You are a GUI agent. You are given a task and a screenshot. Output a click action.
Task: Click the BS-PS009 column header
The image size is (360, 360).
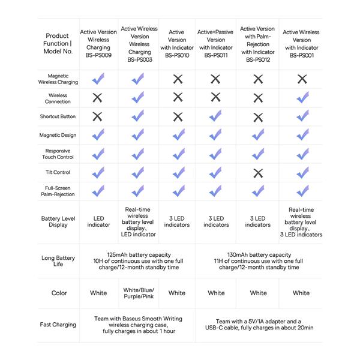(x=98, y=43)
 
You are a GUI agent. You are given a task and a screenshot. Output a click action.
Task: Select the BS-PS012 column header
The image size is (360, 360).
(x=257, y=43)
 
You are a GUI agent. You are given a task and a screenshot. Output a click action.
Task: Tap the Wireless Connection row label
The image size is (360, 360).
(x=58, y=98)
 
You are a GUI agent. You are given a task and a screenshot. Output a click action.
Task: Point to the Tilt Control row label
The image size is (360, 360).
(x=58, y=172)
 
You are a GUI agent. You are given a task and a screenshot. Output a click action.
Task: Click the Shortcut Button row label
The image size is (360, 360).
(x=58, y=116)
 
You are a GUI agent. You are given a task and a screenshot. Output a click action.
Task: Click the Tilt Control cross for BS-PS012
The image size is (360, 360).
(x=258, y=173)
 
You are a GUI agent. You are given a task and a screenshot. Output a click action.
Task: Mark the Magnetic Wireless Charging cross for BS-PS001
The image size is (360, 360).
(x=302, y=79)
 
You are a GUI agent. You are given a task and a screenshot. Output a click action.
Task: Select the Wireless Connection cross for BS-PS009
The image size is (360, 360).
(x=98, y=98)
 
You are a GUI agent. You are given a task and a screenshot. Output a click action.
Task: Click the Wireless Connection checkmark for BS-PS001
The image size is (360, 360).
(x=302, y=97)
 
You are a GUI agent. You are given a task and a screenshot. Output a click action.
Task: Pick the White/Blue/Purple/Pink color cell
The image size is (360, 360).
(x=139, y=293)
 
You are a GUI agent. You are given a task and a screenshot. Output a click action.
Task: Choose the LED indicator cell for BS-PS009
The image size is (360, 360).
(x=98, y=221)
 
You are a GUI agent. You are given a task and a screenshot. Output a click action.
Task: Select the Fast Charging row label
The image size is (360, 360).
(x=58, y=325)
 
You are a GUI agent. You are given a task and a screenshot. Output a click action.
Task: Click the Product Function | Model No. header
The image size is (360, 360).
(x=58, y=43)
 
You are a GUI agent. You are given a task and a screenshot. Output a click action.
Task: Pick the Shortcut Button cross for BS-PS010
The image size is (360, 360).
(x=178, y=116)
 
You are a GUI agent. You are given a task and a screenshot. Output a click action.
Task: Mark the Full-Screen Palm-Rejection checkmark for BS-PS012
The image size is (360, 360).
(x=258, y=191)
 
